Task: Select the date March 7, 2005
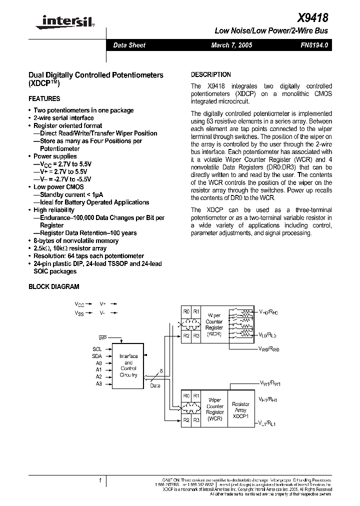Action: tap(231, 45)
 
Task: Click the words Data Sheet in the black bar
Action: tap(129, 45)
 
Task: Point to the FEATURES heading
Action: tap(44, 98)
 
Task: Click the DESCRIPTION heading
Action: tap(211, 74)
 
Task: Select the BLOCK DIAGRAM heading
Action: tap(54, 286)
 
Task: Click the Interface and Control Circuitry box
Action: tap(128, 365)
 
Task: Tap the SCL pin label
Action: tap(97, 349)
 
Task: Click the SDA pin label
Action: tap(97, 356)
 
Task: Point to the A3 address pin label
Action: tap(98, 383)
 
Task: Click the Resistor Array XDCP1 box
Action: tap(241, 410)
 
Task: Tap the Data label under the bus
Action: tap(155, 385)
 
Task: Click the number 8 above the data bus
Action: tap(160, 370)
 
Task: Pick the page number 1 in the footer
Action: tap(100, 480)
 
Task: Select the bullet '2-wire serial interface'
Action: tap(63, 118)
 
